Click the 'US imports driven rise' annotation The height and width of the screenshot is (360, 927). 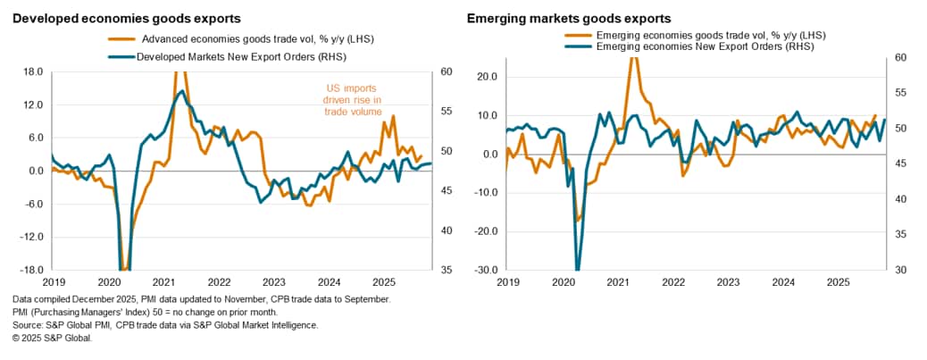[352, 100]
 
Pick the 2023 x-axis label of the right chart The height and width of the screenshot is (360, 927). [729, 281]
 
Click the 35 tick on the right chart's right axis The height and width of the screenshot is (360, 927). [901, 234]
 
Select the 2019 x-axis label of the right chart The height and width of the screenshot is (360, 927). [509, 281]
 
